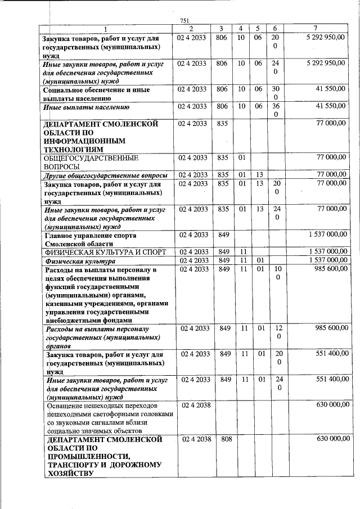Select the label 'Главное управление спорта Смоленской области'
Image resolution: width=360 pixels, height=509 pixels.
[90, 240]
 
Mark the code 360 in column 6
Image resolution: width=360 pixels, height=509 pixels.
[275, 110]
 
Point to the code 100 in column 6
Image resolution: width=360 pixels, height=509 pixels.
[275, 274]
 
